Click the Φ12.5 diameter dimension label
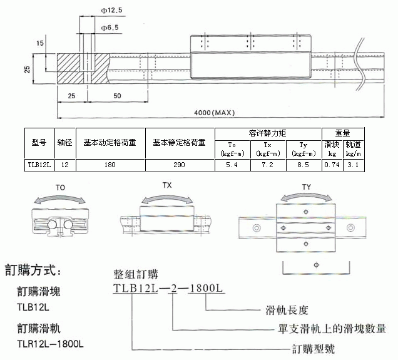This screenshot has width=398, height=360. (111, 11)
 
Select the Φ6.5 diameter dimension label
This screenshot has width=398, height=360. (110, 28)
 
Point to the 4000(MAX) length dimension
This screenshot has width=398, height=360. (215, 113)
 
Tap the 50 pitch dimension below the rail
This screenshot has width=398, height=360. (117, 96)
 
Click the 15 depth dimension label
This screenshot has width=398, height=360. (40, 43)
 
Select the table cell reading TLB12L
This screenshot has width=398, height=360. (39, 165)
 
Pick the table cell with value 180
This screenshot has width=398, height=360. (110, 165)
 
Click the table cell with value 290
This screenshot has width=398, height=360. (179, 165)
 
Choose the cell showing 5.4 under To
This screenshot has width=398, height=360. (232, 165)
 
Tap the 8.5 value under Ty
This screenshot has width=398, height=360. (303, 165)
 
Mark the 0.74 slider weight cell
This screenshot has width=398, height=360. (332, 165)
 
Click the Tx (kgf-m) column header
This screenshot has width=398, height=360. (268, 149)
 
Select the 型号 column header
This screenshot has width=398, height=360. (39, 143)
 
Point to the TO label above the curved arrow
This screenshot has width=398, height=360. (61, 188)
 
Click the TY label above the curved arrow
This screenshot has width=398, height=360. (307, 187)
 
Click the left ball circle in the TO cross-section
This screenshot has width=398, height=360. (53, 225)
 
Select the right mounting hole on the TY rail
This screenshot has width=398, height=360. (350, 227)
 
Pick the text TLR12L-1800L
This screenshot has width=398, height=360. (50, 344)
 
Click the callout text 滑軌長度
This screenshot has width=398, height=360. (287, 310)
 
